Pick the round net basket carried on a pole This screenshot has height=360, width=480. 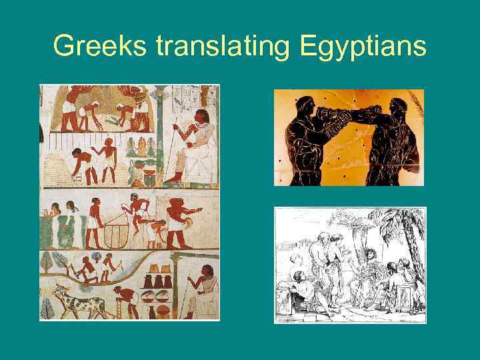coord(119,233)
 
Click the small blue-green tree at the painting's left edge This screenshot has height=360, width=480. coord(46,261)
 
